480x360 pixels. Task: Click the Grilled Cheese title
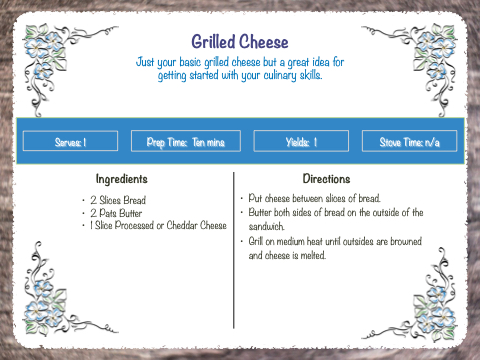(240, 42)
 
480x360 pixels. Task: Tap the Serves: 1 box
(70, 141)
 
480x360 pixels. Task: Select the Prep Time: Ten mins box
(186, 141)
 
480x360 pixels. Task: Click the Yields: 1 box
(301, 141)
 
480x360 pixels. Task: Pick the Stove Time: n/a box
(409, 141)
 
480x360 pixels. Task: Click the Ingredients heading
(122, 179)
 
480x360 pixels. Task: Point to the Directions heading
(326, 179)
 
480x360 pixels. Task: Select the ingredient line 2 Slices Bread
(118, 200)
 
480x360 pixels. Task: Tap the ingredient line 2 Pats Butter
(116, 213)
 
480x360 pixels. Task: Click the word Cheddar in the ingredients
(182, 225)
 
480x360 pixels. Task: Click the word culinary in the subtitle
(280, 75)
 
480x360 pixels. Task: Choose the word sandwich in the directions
(266, 227)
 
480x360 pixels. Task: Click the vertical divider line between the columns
(234, 250)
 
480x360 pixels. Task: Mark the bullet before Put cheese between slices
(242, 199)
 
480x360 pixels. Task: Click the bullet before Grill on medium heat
(242, 241)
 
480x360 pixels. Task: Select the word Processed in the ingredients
(134, 225)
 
